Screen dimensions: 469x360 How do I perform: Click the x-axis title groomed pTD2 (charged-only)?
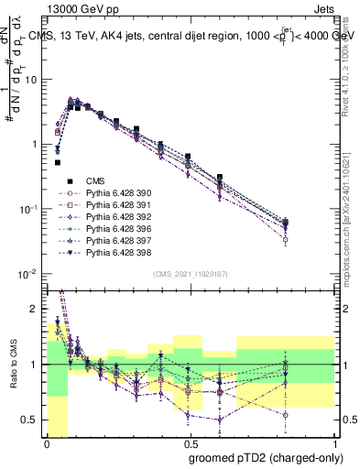[267, 457]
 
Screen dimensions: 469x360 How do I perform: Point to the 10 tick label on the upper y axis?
[29, 80]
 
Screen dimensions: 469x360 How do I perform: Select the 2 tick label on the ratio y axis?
[37, 309]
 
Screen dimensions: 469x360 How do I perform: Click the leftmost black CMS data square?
[58, 162]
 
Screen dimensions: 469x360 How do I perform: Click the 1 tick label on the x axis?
[335, 442]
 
